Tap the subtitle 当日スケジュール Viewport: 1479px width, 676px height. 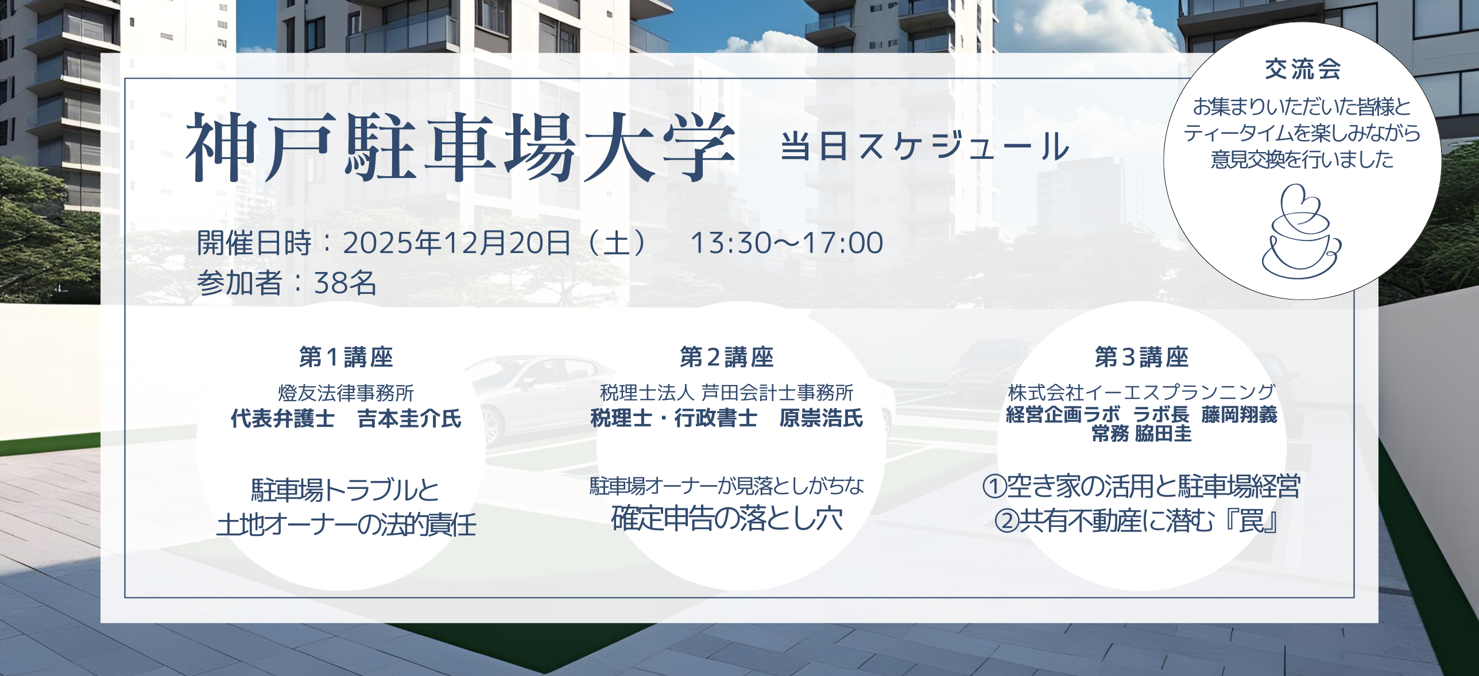[925, 146]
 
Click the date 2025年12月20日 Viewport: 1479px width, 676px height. [457, 243]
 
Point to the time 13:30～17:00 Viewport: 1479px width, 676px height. [787, 243]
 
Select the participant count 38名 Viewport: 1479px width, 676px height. [345, 283]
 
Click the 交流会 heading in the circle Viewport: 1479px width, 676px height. [1302, 69]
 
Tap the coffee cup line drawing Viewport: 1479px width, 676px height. [1302, 231]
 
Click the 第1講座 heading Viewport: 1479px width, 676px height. [346, 357]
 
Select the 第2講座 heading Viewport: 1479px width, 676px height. [727, 357]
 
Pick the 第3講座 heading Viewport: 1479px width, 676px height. [1141, 357]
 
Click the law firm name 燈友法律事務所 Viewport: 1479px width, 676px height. [346, 393]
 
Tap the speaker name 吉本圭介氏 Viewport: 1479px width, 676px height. [409, 419]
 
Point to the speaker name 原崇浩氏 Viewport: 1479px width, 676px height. [821, 418]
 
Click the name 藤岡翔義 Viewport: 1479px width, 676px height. [1239, 414]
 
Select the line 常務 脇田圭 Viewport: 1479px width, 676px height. [1141, 434]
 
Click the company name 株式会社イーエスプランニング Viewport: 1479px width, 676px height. [1141, 393]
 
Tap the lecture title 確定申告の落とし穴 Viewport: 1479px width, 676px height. [727, 518]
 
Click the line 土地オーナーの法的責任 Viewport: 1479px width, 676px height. [346, 525]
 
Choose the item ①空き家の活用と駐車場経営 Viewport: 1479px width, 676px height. [1141, 487]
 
